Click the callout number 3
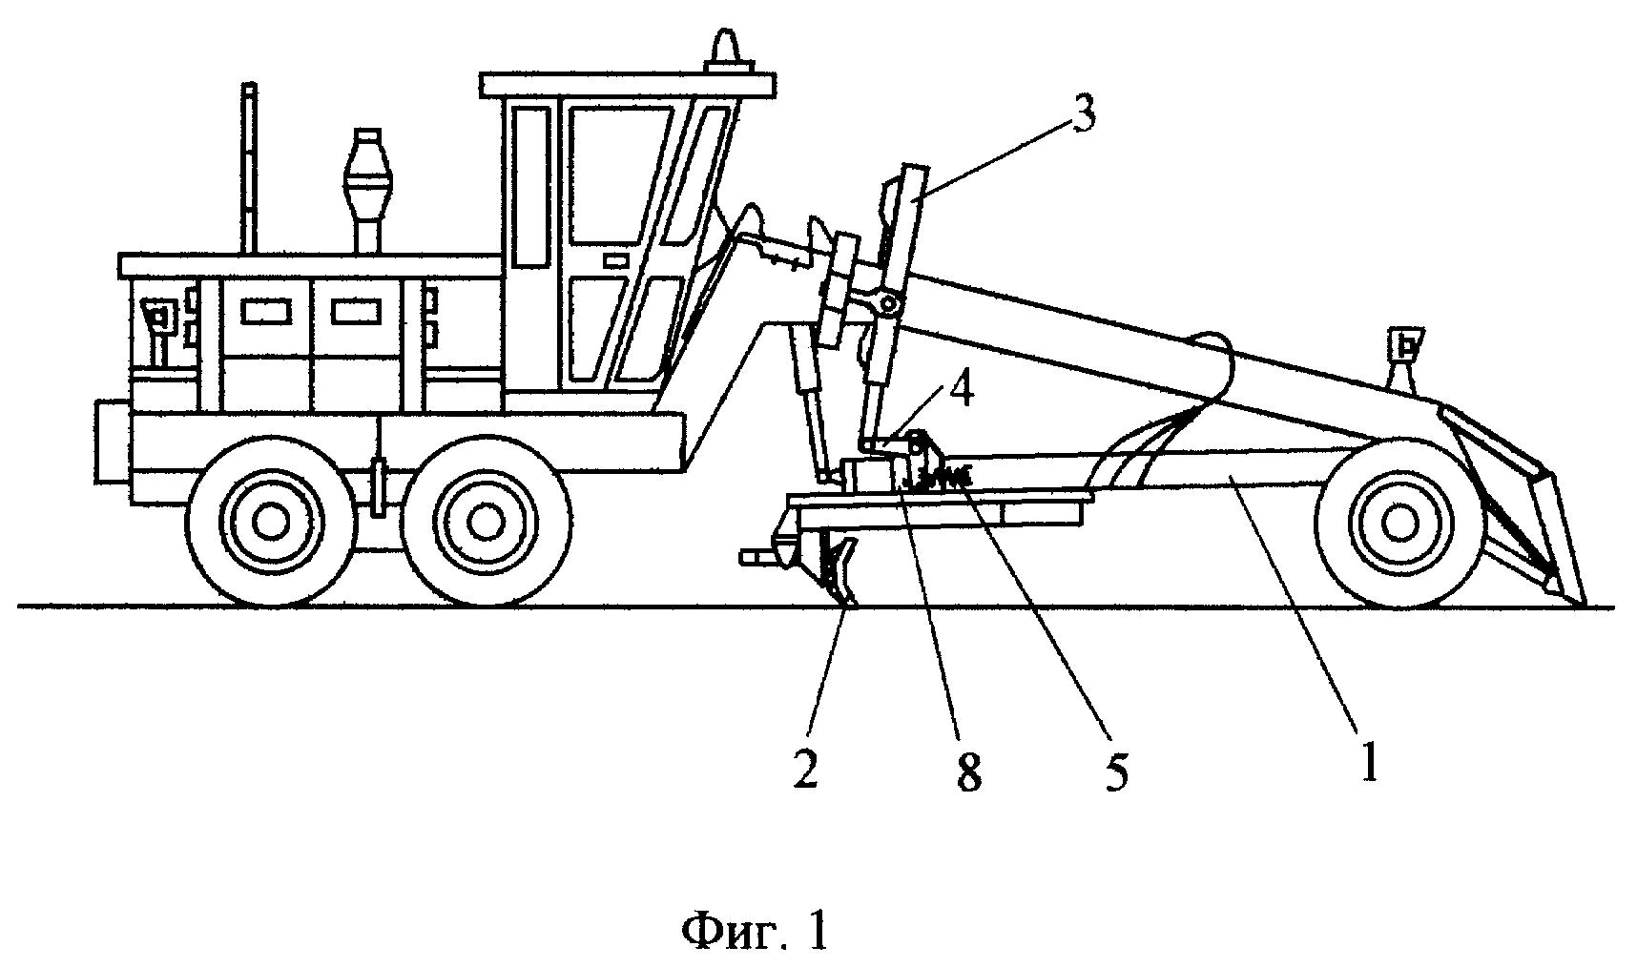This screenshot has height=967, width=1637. click(1080, 114)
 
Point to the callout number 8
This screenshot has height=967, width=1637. click(968, 772)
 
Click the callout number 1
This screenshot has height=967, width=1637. click(1369, 763)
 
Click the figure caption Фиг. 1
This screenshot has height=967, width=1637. click(754, 931)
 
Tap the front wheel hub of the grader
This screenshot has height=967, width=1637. click(1399, 522)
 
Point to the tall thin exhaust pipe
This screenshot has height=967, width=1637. click(250, 167)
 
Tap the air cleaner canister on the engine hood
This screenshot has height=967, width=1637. click(365, 176)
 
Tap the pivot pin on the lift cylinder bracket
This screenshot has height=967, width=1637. click(889, 304)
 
